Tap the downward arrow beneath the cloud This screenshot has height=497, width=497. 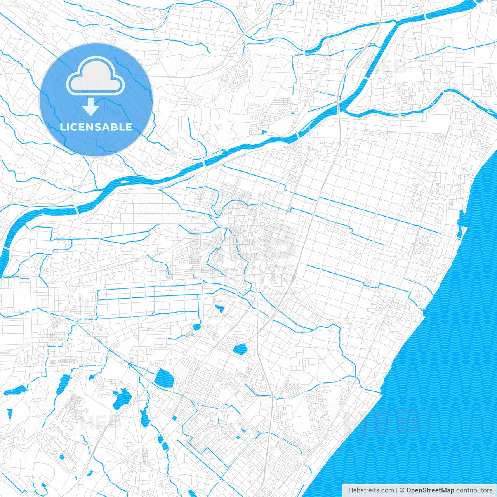91,107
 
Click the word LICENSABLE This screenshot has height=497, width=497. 96,127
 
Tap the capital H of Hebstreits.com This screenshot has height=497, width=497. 351,490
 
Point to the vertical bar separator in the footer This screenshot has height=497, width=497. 397,490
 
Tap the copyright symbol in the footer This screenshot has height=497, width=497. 402,490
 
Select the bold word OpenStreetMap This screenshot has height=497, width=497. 430,490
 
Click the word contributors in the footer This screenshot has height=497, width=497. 474,490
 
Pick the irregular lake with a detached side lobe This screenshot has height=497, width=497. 121,398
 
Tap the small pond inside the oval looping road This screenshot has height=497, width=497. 61,457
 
